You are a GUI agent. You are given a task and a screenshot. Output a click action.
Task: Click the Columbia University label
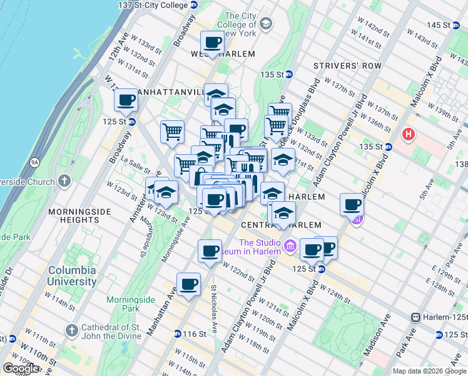73,276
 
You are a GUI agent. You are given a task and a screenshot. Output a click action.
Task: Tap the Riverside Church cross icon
66,182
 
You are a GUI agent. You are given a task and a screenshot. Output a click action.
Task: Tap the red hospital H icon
409,134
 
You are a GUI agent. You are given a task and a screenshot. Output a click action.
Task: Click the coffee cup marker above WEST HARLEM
213,42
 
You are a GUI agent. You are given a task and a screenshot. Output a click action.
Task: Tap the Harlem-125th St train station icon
415,318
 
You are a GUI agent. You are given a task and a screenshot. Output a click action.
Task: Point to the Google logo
21,368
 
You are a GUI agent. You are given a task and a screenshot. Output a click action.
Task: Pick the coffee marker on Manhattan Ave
188,285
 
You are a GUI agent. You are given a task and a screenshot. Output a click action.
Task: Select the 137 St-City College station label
153,4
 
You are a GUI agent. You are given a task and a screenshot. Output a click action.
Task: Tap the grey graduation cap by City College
266,24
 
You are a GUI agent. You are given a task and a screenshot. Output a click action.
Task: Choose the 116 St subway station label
194,334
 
